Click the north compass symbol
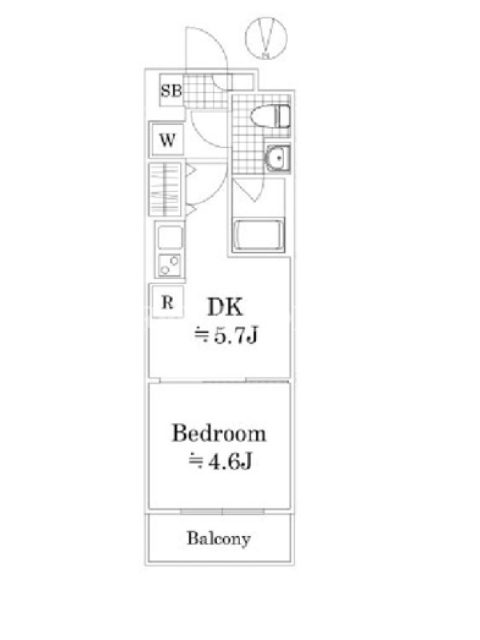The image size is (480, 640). click(266, 38)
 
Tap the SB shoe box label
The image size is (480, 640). click(171, 90)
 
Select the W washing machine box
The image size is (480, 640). click(167, 139)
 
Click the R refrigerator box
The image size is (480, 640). click(167, 302)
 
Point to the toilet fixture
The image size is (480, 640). click(270, 116)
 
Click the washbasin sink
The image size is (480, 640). click(278, 157)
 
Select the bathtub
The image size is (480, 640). click(258, 235)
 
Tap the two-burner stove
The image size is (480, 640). click(170, 265)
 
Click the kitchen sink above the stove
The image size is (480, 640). click(170, 237)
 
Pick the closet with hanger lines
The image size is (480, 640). click(165, 189)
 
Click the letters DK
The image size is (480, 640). click(225, 307)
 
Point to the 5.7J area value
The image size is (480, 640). click(236, 336)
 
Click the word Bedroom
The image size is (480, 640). click(218, 433)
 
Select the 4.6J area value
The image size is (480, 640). click(230, 462)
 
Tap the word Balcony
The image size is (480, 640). click(218, 538)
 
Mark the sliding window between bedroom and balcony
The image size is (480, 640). click(222, 511)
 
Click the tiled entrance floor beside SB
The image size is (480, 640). click(204, 92)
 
